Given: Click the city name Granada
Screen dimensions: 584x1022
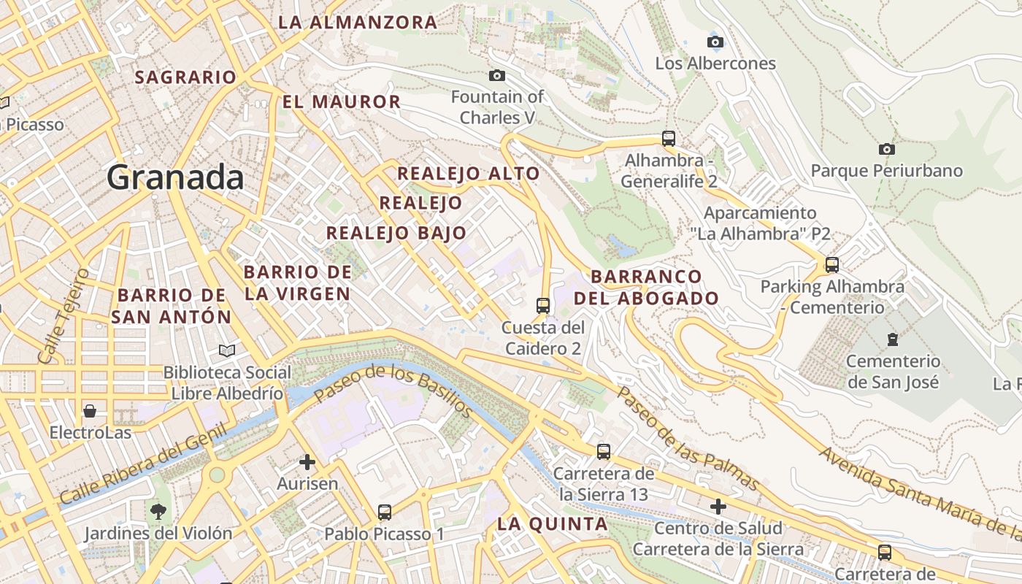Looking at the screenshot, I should [175, 177].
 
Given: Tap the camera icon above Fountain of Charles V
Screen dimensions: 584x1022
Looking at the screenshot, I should [496, 75].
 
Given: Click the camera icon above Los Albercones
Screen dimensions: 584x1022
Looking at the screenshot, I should [715, 42].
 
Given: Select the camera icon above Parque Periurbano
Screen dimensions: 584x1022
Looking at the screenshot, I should [887, 149].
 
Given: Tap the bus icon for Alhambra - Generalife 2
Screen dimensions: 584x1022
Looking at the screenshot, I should [668, 138].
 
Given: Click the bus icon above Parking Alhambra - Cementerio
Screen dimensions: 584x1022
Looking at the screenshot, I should [831, 264].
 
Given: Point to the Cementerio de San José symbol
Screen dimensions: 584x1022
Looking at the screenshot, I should [892, 339].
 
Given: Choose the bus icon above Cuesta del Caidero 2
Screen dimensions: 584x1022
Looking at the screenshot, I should [542, 305].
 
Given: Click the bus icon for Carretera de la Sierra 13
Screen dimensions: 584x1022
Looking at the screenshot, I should [603, 451].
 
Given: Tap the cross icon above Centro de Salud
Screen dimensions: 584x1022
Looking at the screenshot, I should [718, 506].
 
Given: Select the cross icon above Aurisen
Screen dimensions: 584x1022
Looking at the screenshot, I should [307, 461].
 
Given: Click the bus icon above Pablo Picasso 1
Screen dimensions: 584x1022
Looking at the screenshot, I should [385, 512].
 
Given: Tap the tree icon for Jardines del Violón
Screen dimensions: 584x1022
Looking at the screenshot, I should [158, 511].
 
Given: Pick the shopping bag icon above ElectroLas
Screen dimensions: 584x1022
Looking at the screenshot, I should [90, 411].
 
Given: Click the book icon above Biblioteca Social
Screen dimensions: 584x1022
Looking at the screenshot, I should [227, 350].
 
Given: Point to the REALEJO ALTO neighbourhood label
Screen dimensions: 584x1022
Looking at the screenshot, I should [468, 174].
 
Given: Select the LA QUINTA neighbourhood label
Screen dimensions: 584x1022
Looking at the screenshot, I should [552, 523].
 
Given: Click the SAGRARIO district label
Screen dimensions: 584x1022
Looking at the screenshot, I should [185, 77].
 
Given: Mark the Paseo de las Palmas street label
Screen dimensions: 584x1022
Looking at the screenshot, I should [688, 438].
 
